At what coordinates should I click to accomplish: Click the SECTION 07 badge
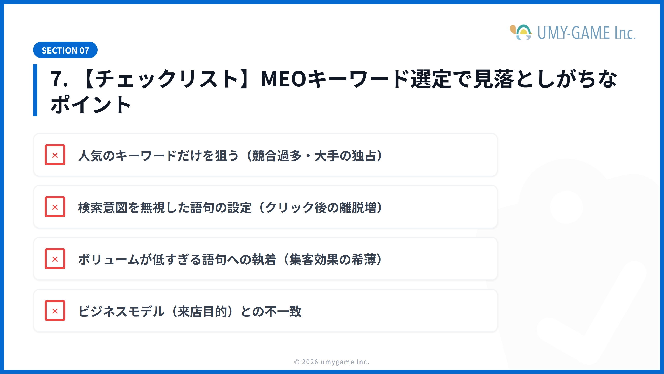(x=65, y=50)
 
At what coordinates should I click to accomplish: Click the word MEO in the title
(x=283, y=79)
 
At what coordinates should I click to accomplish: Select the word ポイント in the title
(x=91, y=105)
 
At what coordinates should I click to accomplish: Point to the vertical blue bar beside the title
(x=35, y=90)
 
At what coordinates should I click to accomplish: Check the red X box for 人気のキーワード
(x=55, y=155)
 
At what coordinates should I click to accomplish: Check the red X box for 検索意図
(x=55, y=207)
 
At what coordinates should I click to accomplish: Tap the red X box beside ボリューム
(x=55, y=259)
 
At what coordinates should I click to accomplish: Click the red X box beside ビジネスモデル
(x=55, y=311)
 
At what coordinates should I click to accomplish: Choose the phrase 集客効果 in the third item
(x=314, y=260)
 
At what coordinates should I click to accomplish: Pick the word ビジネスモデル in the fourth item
(x=121, y=312)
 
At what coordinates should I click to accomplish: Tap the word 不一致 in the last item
(x=283, y=312)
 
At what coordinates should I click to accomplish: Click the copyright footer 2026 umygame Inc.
(x=332, y=362)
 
